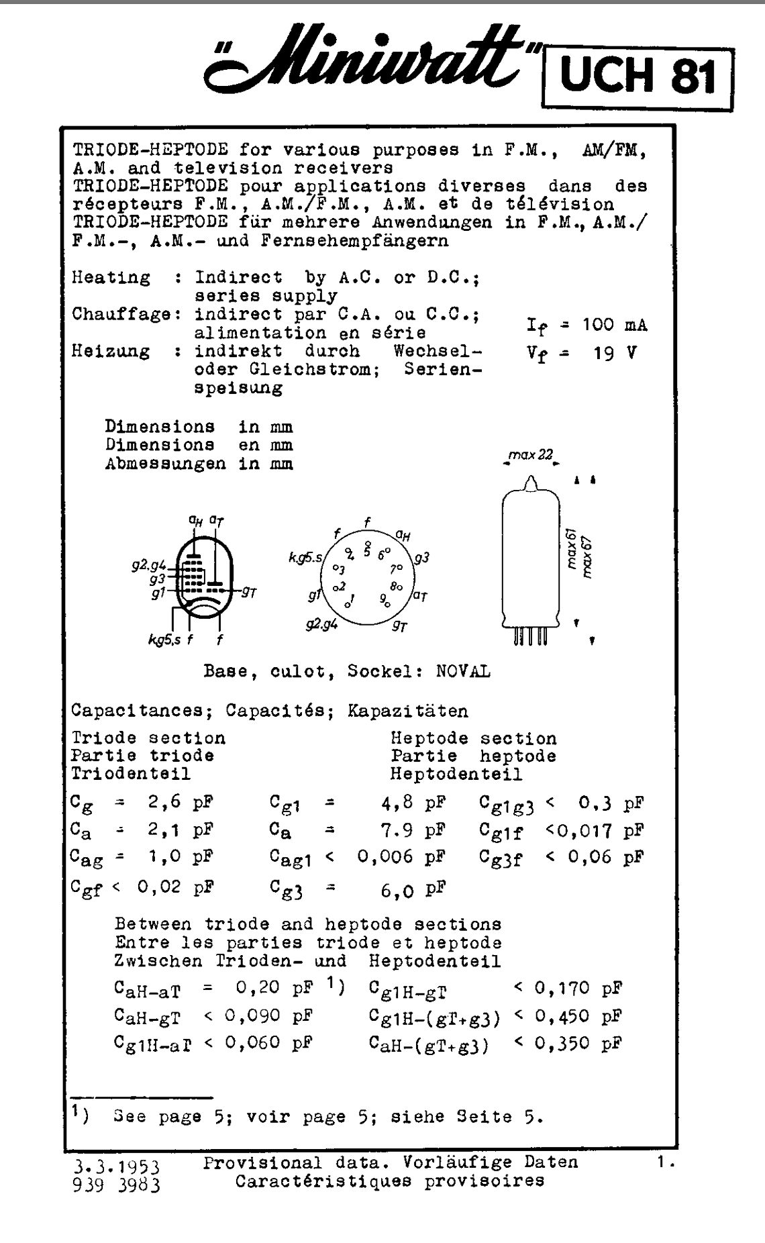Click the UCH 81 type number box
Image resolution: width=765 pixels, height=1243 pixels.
coord(636,78)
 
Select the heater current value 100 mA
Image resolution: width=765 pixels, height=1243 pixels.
coord(615,326)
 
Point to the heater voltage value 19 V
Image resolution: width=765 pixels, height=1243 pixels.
coord(615,353)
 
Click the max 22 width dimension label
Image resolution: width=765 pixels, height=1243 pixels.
coord(530,456)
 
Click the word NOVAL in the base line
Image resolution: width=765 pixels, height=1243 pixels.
coord(463,672)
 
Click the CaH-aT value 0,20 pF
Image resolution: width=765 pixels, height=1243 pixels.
coord(275,988)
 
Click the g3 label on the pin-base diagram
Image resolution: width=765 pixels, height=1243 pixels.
coord(421,558)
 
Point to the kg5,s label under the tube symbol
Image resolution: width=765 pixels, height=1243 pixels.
coord(164,640)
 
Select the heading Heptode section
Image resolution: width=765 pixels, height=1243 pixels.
coord(473,739)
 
